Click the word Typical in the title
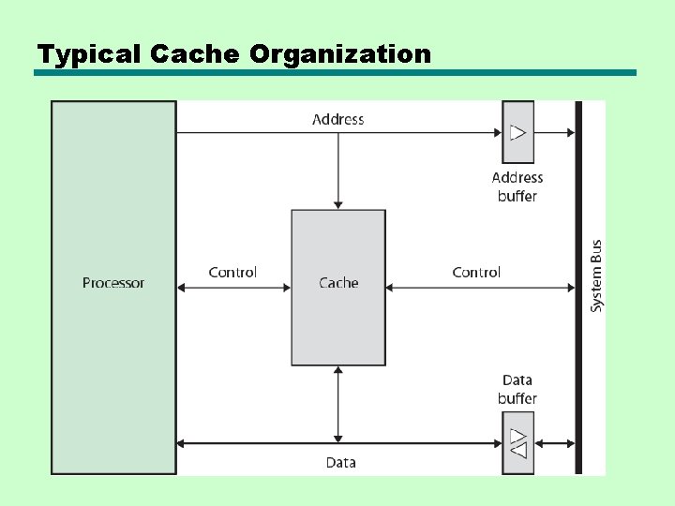(78, 54)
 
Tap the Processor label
(113, 283)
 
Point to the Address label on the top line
(337, 119)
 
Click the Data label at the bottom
(340, 462)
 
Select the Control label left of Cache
(232, 273)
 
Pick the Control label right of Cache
(476, 273)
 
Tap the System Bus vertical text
(596, 276)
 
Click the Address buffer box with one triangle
(517, 132)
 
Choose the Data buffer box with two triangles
(517, 442)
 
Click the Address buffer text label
(517, 186)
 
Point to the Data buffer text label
(517, 389)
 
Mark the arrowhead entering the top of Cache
(337, 203)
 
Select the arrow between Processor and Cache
(233, 288)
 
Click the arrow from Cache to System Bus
(479, 288)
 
